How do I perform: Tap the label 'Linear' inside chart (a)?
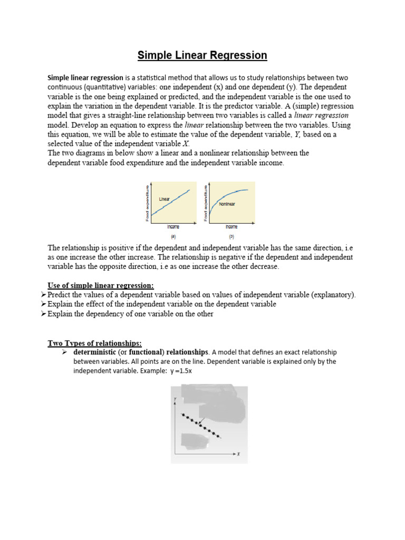pos(165,199)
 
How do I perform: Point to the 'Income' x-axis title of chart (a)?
pos(173,226)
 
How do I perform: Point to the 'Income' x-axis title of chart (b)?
pos(232,226)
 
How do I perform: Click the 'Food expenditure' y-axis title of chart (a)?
pos(147,202)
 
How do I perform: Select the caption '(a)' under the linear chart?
pos(173,237)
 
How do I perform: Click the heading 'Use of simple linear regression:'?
pos(101,285)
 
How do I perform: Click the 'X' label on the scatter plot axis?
pos(238,454)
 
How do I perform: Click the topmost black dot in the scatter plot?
pos(182,414)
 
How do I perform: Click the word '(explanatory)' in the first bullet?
pos(332,295)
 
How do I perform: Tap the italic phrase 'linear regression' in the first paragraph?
pos(321,115)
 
